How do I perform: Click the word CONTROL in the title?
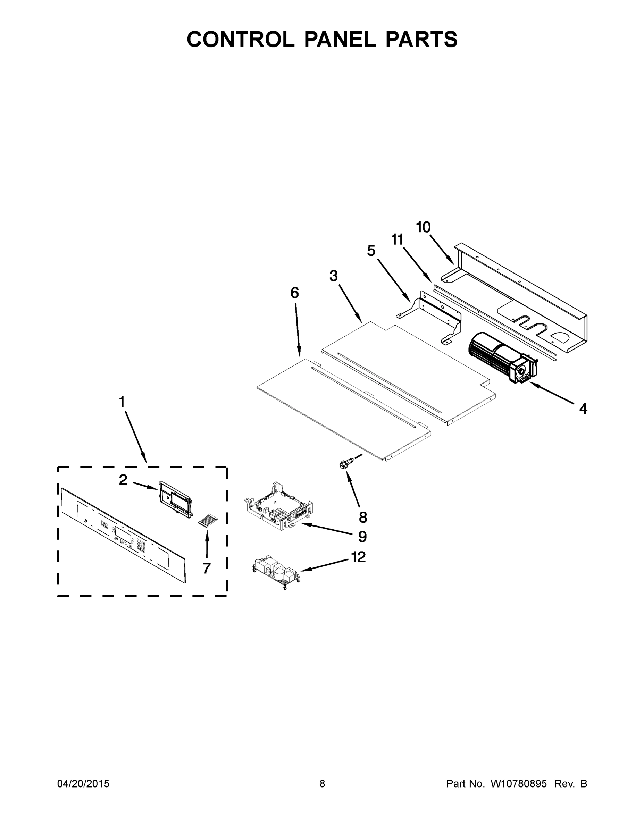pyautogui.click(x=240, y=39)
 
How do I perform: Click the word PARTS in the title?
pyautogui.click(x=421, y=39)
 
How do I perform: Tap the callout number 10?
pyautogui.click(x=423, y=227)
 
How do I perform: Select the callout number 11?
pyautogui.click(x=397, y=240)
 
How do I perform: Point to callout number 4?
pyautogui.click(x=583, y=409)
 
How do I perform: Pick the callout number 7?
pyautogui.click(x=207, y=569)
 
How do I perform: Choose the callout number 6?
pyautogui.click(x=294, y=293)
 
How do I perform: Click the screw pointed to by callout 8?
pyautogui.click(x=344, y=464)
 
